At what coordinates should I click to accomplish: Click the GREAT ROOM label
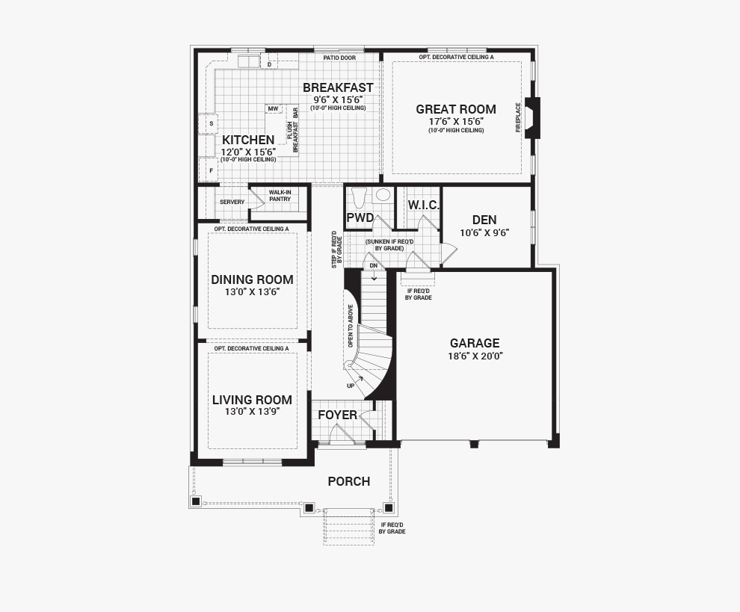point(456,109)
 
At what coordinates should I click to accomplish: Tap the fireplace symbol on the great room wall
point(533,118)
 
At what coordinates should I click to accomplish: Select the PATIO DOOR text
point(339,58)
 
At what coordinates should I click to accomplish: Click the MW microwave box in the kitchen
point(274,109)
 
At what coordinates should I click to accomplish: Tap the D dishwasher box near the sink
point(270,64)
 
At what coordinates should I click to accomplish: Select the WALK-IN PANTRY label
point(280,196)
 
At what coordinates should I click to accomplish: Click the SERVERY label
point(232,202)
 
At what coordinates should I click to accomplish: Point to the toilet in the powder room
point(360,198)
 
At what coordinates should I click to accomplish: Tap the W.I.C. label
point(424,205)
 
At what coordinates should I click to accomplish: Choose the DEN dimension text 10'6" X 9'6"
point(484,232)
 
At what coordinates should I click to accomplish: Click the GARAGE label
point(475,343)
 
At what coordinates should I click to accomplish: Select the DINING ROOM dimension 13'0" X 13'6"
point(253,292)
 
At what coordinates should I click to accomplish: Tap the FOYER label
point(337,415)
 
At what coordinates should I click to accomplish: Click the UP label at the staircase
point(351,386)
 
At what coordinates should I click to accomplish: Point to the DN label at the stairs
point(374,266)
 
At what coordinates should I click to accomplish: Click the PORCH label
point(349,482)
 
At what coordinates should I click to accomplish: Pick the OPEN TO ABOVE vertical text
point(350,326)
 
